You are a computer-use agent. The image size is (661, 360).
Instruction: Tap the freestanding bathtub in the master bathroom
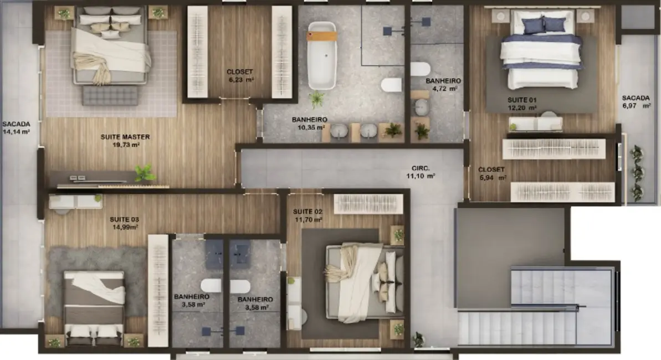click(x=322, y=55)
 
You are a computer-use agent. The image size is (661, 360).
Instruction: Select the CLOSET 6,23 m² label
click(x=240, y=75)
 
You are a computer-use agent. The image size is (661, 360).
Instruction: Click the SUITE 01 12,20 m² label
click(x=521, y=104)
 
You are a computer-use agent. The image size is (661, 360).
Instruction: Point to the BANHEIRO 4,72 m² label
click(x=443, y=84)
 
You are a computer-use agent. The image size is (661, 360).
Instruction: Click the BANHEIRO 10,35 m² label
click(x=309, y=123)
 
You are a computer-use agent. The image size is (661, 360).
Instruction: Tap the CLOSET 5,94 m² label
click(x=491, y=173)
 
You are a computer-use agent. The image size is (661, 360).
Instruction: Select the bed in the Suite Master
click(x=110, y=47)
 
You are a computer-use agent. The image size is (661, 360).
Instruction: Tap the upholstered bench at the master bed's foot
click(x=110, y=95)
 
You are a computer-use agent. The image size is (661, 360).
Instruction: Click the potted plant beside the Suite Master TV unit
click(x=146, y=173)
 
